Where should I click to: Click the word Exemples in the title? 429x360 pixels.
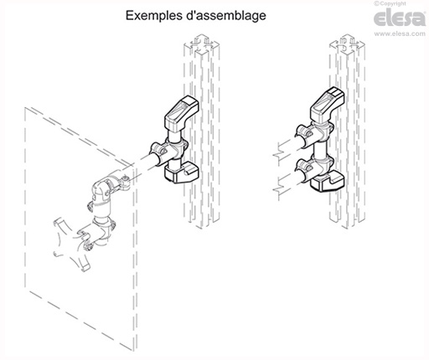click(152, 15)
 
